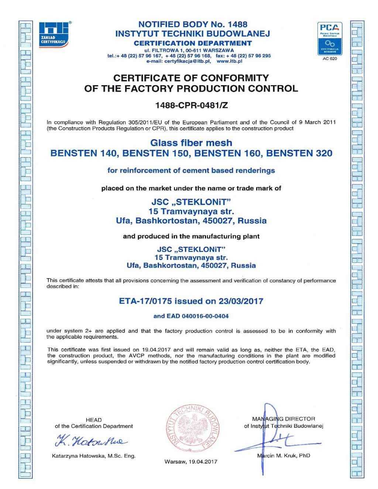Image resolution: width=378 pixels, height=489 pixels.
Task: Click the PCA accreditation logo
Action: click(330, 39)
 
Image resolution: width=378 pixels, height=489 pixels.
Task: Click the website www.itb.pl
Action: click(229, 61)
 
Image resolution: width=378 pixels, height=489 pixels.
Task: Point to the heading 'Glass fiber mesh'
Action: click(191, 142)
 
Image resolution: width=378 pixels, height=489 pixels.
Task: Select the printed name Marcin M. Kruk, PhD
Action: click(283, 455)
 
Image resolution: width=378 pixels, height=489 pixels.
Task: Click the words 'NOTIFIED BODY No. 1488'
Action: click(192, 25)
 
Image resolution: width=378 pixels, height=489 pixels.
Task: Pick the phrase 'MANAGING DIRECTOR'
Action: click(283, 419)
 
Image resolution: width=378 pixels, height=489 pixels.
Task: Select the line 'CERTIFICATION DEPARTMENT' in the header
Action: click(192, 43)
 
